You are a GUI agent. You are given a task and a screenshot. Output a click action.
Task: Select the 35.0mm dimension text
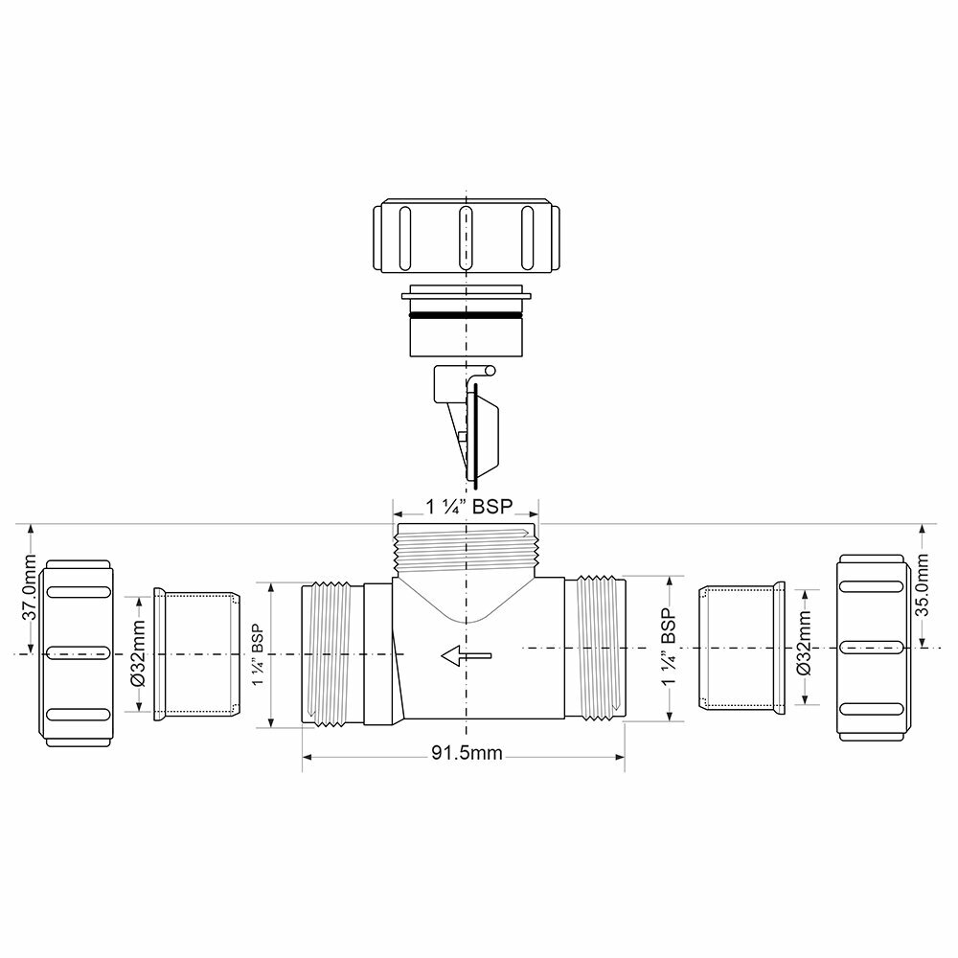pos(924,586)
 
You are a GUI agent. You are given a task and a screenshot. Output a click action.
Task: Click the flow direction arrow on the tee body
pos(466,656)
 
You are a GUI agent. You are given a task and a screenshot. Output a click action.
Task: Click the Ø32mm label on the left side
pos(137,655)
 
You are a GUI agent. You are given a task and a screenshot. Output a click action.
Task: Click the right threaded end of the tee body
pos(596,648)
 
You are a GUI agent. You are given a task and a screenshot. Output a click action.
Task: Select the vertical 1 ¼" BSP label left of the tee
pos(257,656)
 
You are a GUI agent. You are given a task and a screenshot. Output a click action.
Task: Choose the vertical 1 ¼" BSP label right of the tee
pos(670,649)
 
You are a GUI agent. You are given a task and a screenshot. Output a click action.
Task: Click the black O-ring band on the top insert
pos(465,313)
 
